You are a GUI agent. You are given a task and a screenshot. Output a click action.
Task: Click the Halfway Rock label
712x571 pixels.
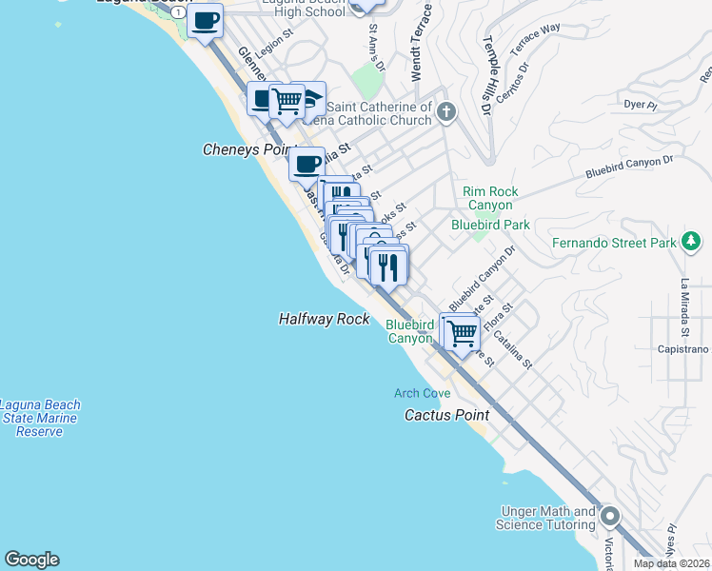(x=324, y=320)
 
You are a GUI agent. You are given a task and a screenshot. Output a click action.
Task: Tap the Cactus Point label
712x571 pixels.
(x=446, y=415)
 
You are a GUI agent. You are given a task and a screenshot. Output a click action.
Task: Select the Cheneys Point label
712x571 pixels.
(x=244, y=150)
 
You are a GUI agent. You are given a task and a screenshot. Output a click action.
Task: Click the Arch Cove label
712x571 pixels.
(x=423, y=393)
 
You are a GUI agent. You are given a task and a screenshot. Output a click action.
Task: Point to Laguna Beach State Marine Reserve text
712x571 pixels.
(x=40, y=418)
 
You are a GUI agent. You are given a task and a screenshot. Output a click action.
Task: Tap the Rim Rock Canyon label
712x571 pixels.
(x=490, y=198)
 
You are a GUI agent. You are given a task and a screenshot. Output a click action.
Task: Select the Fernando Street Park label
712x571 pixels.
(x=614, y=243)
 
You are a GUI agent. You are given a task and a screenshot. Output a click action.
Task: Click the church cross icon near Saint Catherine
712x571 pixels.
(x=445, y=114)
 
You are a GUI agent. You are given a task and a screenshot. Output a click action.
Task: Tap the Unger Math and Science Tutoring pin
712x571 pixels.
(x=609, y=518)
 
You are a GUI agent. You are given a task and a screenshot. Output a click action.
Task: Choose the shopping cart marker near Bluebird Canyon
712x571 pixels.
(x=461, y=333)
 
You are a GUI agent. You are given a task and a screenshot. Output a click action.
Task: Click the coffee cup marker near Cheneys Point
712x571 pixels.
(x=307, y=165)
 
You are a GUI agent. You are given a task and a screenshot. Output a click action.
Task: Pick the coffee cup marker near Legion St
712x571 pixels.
(x=205, y=20)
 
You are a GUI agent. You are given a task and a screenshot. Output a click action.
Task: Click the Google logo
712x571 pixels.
(x=31, y=560)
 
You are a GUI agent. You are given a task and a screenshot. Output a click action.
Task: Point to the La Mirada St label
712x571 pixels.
(x=683, y=307)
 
